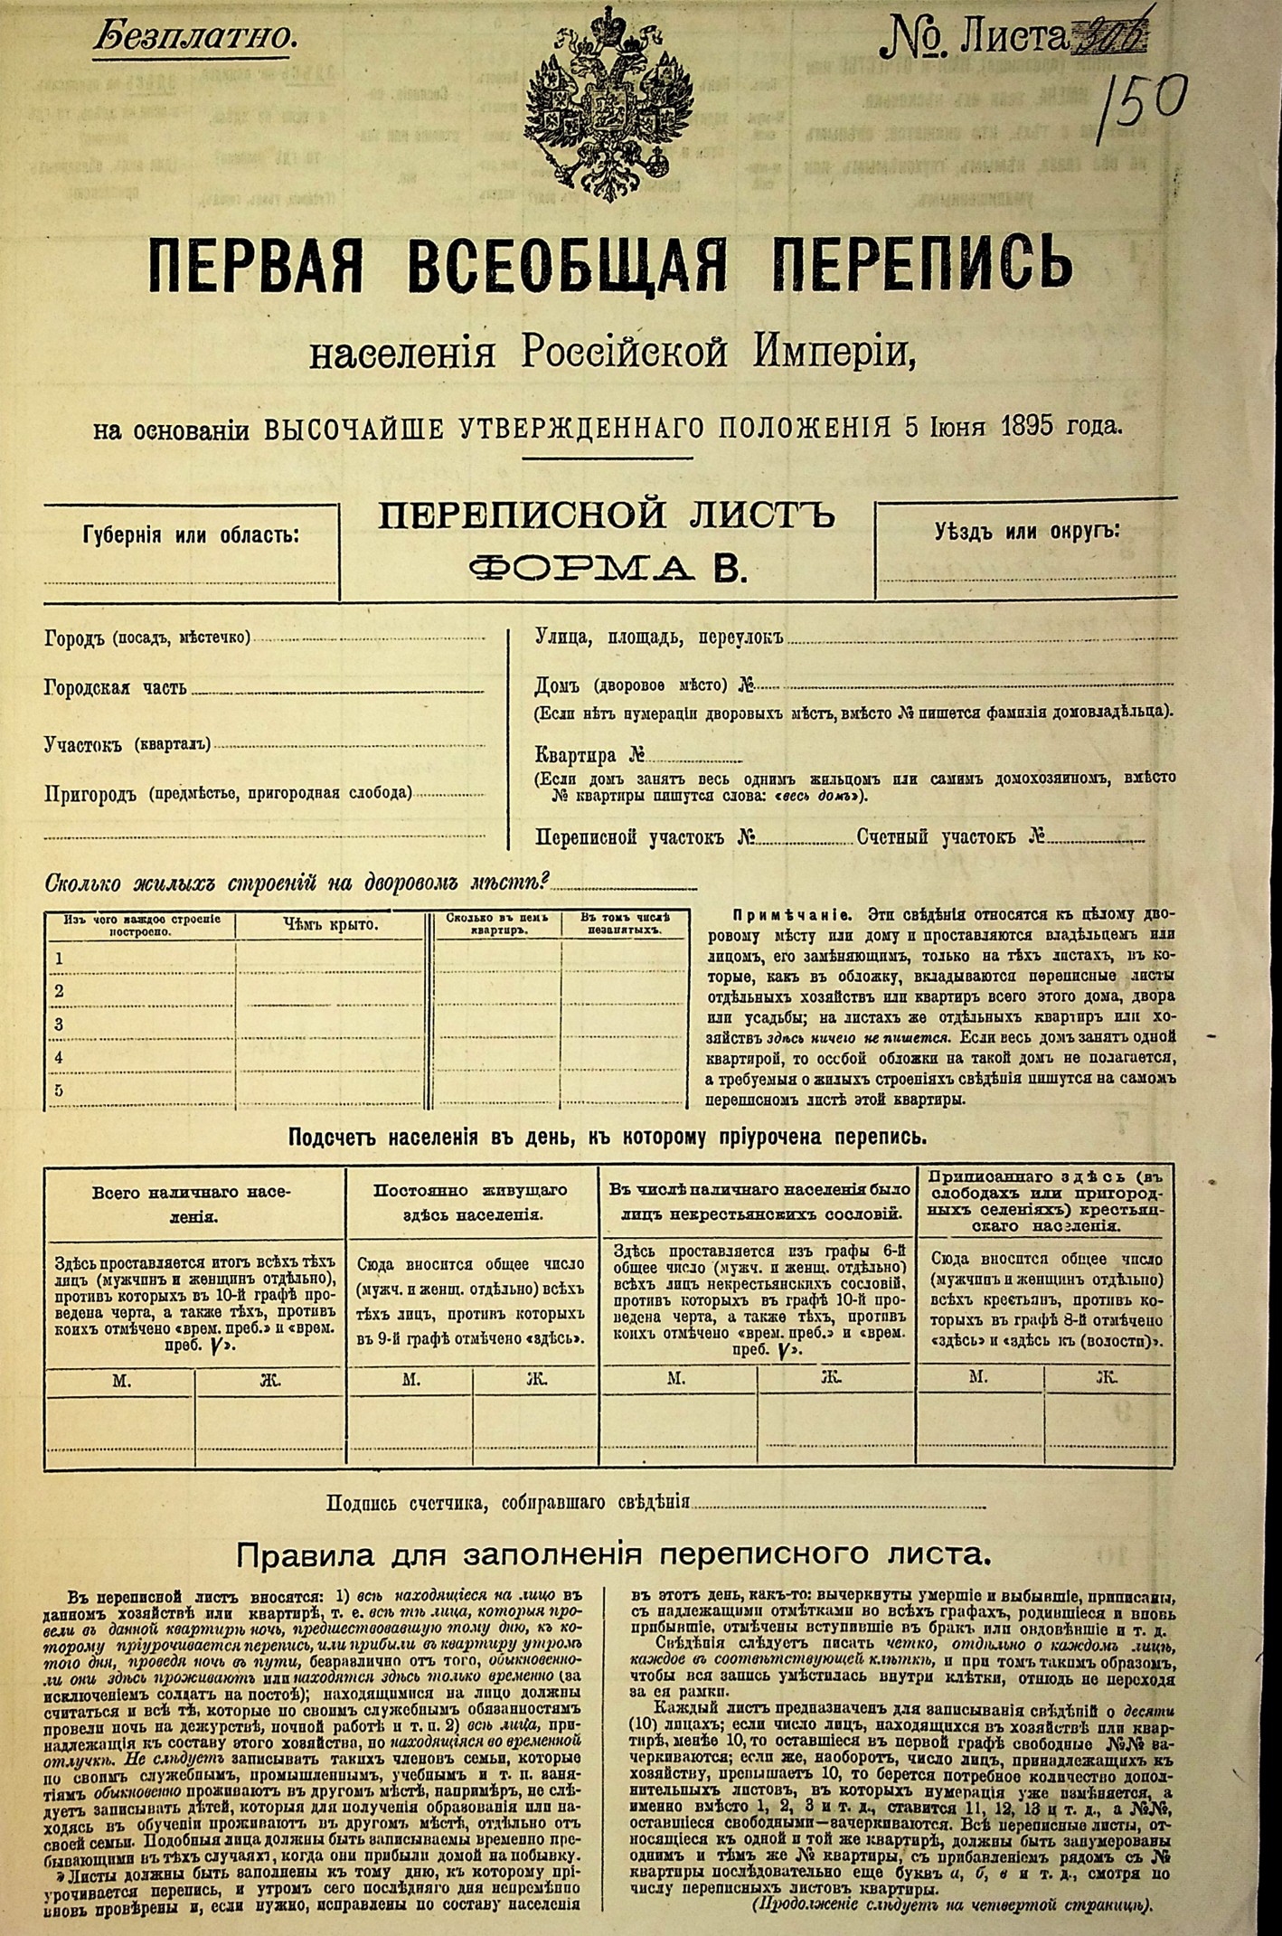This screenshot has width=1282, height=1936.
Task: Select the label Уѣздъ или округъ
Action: [1026, 531]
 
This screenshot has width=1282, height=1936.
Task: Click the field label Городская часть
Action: [116, 687]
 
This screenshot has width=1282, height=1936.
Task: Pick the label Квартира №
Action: [589, 756]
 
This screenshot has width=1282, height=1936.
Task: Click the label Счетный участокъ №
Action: [950, 836]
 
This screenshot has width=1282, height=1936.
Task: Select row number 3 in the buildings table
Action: [59, 1025]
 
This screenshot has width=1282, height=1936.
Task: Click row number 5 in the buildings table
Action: [59, 1091]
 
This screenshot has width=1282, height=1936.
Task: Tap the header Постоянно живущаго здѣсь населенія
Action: [472, 1203]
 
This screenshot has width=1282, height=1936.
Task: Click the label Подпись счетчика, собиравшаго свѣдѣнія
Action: [509, 1502]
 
